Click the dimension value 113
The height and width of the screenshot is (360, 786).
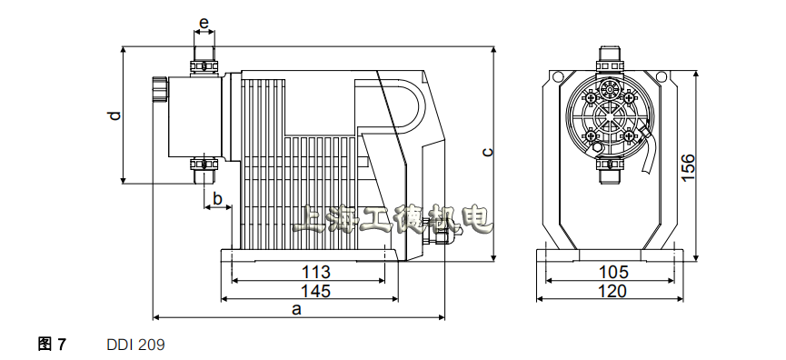coord(316,272)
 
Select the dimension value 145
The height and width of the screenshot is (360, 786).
coord(316,291)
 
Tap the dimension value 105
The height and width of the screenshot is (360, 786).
coord(613,272)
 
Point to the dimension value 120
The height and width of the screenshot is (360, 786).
coord(612,291)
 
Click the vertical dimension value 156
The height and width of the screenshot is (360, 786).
coord(688,167)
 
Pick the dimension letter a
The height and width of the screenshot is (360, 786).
coord(297,309)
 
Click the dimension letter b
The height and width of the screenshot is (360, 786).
coord(217,198)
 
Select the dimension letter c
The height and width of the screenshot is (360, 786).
coord(488,152)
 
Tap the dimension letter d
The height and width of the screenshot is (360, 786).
coord(114,115)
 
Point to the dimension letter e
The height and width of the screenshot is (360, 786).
coord(204,23)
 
